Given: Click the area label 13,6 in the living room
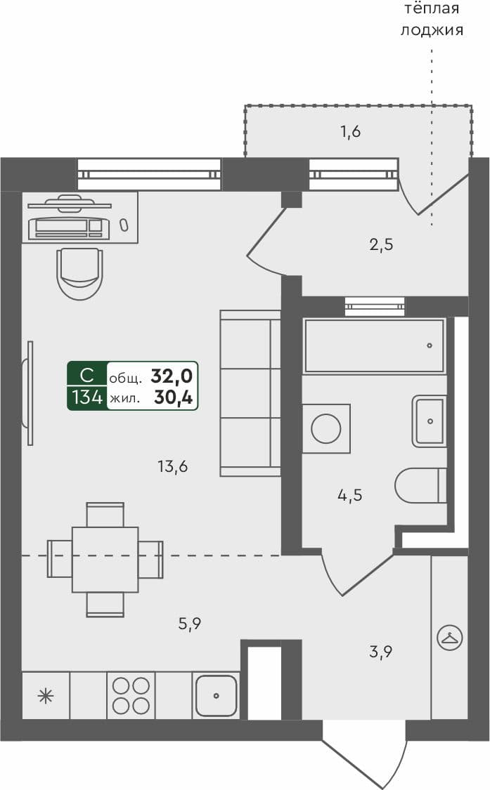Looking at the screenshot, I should click(173, 466).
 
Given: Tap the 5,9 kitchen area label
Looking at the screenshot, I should click(191, 622).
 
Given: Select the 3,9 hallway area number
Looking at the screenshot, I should click(380, 651).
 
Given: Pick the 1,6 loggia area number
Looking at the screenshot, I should click(350, 131).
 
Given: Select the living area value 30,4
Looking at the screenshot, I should click(174, 398).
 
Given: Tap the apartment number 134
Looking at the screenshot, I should click(86, 398).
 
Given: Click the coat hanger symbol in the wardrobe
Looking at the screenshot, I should click(449, 638).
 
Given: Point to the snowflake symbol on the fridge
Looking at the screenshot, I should click(46, 696).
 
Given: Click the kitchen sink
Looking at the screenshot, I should click(216, 695).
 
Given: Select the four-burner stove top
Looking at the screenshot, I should click(131, 695).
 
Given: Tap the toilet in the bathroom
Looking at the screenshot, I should click(420, 485).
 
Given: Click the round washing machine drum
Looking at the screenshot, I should click(326, 428).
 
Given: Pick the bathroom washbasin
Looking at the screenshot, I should click(430, 421).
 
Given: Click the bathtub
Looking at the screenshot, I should click(374, 345).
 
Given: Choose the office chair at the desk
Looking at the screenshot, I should click(79, 272).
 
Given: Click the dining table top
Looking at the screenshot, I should click(105, 560).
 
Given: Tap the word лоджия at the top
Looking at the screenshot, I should click(432, 30).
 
